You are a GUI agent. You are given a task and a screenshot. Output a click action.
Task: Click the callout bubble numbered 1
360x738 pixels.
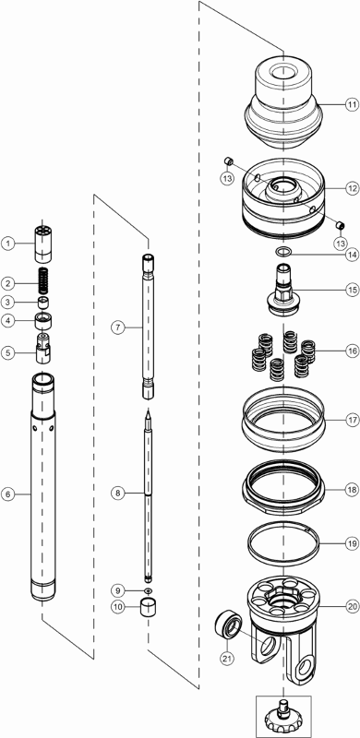7,244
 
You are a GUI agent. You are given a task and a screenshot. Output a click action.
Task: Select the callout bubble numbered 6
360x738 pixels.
7,494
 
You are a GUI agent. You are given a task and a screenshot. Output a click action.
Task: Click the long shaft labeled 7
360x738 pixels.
148,327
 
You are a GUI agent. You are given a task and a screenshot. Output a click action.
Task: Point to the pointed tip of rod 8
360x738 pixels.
148,411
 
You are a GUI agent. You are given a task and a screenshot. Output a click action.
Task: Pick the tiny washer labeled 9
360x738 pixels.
148,589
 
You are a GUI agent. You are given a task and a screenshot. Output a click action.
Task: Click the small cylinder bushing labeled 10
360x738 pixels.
148,607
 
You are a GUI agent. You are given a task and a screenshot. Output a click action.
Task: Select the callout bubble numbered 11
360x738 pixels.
352,104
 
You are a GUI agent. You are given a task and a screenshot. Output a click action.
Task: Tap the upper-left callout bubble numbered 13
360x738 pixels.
227,178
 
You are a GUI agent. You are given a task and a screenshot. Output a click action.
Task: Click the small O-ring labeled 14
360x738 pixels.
282,251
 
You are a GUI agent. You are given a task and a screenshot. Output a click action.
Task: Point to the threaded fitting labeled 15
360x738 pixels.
282,292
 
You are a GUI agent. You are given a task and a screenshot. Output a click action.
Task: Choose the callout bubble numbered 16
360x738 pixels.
352,351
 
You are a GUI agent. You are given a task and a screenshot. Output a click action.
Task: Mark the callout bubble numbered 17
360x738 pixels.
352,421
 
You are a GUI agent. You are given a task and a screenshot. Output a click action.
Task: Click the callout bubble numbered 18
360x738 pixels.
352,490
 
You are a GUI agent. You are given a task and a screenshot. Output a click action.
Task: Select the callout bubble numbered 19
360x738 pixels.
352,544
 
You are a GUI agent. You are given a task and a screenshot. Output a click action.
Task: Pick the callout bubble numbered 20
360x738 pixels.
352,607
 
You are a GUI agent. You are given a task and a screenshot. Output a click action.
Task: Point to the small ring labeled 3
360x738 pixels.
43,302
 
